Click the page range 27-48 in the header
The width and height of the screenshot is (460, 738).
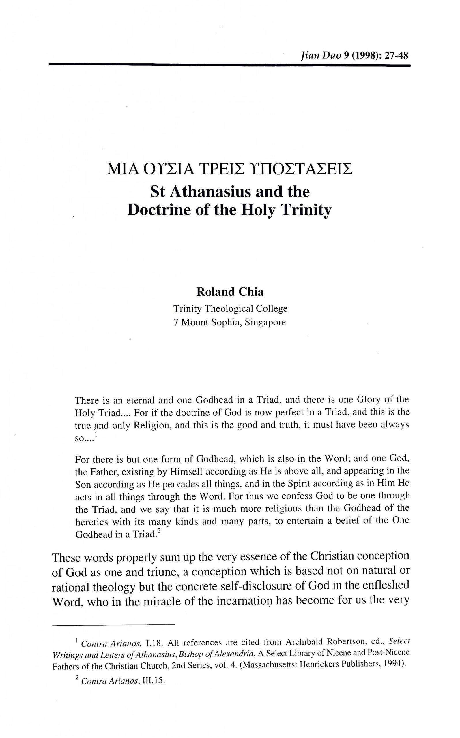(x=396, y=56)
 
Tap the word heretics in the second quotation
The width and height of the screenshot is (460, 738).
(x=91, y=522)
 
